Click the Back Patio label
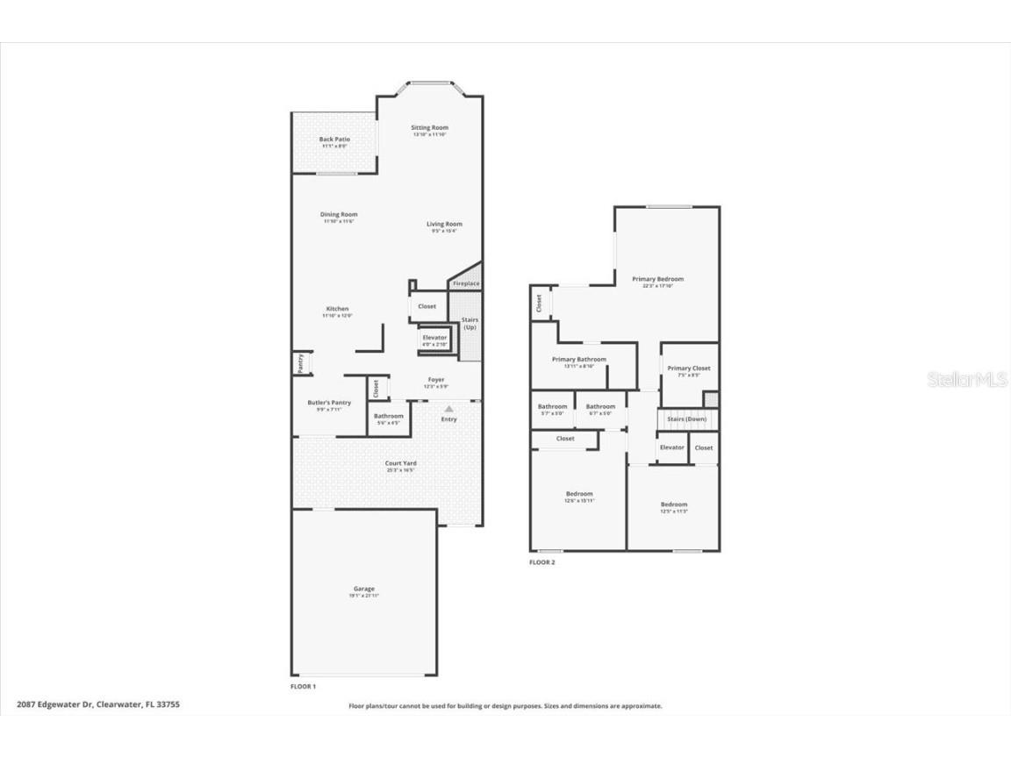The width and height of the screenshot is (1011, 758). point(334,139)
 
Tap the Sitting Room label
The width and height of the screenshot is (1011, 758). point(429,128)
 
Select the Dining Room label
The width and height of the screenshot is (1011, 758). point(339,215)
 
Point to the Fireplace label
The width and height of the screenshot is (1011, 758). point(466,283)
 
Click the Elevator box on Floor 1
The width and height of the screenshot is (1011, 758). point(434,340)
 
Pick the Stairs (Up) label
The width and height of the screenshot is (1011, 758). point(470,324)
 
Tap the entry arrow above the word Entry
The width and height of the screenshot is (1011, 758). point(449,409)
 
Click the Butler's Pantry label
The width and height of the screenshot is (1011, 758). point(329,403)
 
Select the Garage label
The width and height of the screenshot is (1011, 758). point(363,590)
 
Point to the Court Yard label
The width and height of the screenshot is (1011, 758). point(400,464)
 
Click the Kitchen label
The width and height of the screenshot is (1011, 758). point(338,309)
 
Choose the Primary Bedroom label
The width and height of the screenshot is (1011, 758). point(657,280)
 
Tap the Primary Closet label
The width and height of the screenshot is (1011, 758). point(689,368)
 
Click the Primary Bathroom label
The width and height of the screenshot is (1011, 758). point(579,360)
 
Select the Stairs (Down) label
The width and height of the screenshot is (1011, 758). point(686,419)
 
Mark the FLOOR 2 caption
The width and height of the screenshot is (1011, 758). point(541,562)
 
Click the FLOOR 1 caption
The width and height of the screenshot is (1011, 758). point(303,686)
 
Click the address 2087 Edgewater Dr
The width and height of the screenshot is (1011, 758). point(54,704)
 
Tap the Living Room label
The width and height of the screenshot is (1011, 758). point(444,225)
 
